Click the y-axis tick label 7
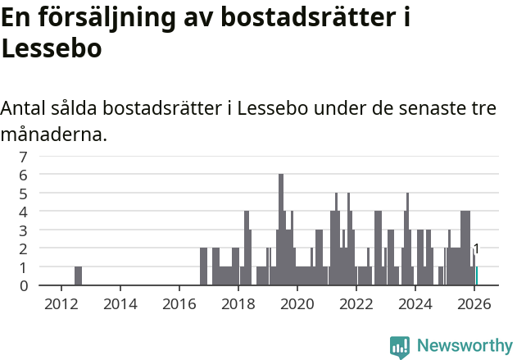pos(23,156)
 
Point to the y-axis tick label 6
pos(23,175)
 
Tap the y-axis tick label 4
pos(23,212)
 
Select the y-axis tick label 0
pos(23,285)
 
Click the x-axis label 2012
pos(61,303)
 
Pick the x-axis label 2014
pos(120,303)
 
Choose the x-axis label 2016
pos(179,303)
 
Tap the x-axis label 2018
pos(238,303)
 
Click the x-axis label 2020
pos(297,303)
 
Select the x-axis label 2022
pos(356,303)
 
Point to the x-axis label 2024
pos(415,303)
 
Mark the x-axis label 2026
pos(474,303)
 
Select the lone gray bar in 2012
pos(78,276)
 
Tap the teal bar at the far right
pos(477,276)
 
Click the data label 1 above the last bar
pos(476,249)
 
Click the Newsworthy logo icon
pos(400,347)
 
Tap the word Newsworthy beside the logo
pos(464,346)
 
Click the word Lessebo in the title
pos(52,48)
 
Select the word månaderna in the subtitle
pos(54,134)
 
